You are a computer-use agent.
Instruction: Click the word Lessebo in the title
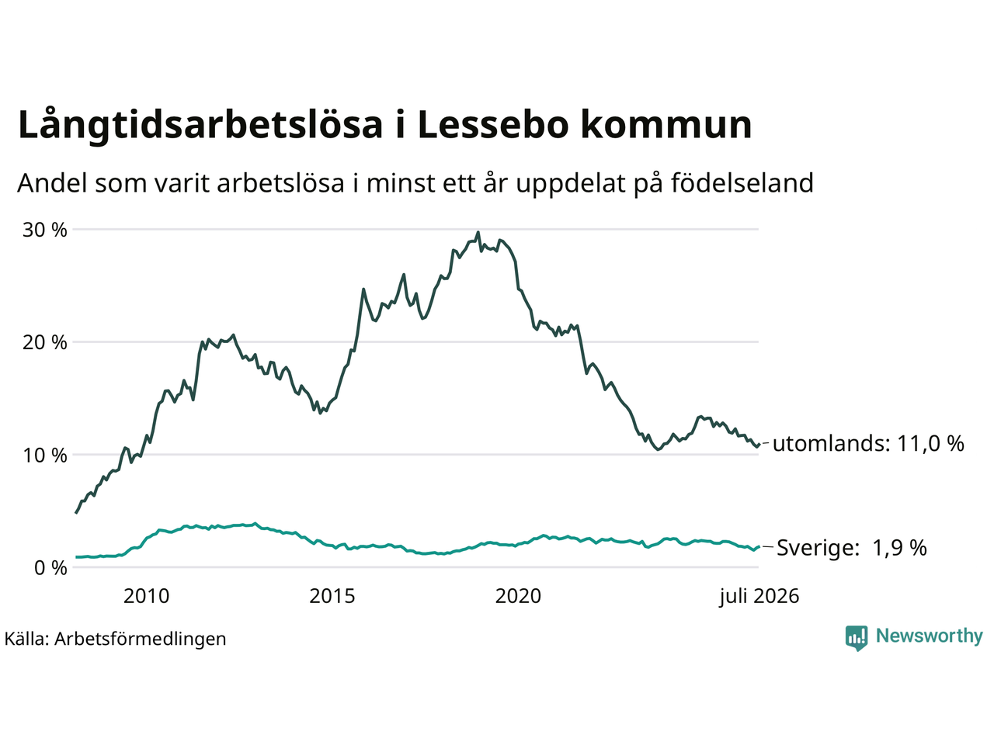(x=492, y=124)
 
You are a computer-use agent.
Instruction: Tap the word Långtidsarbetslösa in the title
(x=200, y=126)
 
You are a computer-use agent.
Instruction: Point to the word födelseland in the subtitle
(x=742, y=182)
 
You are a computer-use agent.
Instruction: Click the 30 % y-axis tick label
(x=45, y=230)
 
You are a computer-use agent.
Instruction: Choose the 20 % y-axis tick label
(x=45, y=342)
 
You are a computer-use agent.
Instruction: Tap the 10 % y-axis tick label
(x=45, y=455)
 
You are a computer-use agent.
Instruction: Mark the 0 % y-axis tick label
(x=50, y=568)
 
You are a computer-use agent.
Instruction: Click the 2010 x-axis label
(x=146, y=596)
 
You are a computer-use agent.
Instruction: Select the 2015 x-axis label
(x=332, y=596)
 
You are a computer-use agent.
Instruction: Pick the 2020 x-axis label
(x=518, y=596)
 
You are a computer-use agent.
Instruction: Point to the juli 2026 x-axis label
(x=759, y=597)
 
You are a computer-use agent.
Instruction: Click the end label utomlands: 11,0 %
(x=868, y=444)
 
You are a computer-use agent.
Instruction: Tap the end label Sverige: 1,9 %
(x=852, y=548)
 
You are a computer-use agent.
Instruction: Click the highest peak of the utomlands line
(x=478, y=233)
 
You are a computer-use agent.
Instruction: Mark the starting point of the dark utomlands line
(x=75, y=513)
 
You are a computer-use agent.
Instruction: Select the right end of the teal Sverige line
(x=759, y=546)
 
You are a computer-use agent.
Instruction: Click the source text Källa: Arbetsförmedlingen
(x=115, y=639)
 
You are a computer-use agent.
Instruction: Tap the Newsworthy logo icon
(x=857, y=638)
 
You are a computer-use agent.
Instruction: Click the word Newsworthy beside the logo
(x=930, y=636)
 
